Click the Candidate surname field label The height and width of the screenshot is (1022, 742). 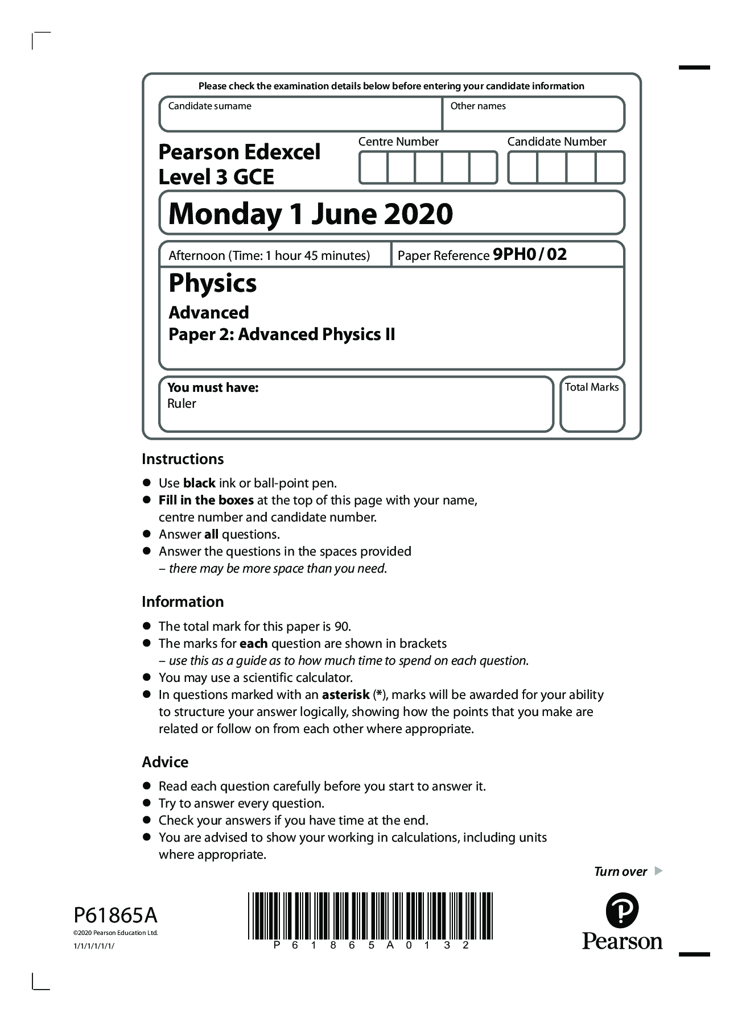[209, 106]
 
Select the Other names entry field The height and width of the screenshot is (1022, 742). [534, 119]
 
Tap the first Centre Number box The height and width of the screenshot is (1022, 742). [373, 168]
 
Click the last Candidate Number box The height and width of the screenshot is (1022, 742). [609, 168]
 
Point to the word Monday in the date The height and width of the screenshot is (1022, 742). [225, 214]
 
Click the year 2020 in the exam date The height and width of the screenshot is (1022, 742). [418, 214]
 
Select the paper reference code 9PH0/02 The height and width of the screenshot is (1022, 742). [530, 254]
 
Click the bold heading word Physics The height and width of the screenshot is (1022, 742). [213, 283]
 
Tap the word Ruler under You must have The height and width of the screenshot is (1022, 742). [182, 404]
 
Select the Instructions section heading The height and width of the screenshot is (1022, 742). [183, 459]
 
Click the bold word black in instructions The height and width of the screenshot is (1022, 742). [199, 483]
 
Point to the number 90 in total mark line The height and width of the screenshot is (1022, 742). [341, 627]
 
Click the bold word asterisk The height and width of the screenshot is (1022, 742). [345, 695]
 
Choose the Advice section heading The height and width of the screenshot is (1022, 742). [165, 762]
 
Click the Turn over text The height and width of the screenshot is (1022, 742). [620, 872]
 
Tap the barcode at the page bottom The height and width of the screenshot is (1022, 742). [370, 916]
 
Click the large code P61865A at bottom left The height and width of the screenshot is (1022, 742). [116, 916]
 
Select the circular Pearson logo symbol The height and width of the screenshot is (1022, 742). [622, 911]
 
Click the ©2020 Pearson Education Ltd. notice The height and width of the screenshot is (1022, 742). [116, 933]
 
